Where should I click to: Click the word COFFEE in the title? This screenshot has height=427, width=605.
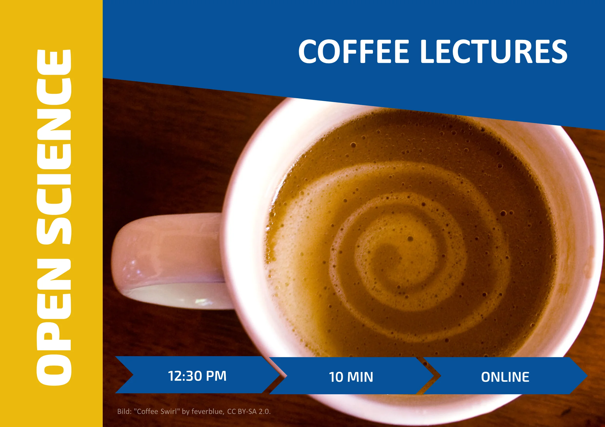coord(353,52)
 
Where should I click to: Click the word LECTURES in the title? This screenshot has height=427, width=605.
coord(493,52)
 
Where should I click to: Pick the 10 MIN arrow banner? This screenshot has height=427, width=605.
coord(351,377)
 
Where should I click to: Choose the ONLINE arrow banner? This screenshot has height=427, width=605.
coord(505,377)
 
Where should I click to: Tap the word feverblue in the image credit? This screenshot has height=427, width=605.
coord(207,411)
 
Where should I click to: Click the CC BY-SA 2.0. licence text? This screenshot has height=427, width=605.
coord(249,411)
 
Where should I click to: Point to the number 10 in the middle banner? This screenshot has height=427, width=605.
coord(336,377)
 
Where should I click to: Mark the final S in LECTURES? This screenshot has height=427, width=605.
coord(558,52)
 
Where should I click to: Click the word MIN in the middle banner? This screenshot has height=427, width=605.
coord(360,377)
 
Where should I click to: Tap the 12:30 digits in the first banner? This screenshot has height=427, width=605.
coord(185,376)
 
